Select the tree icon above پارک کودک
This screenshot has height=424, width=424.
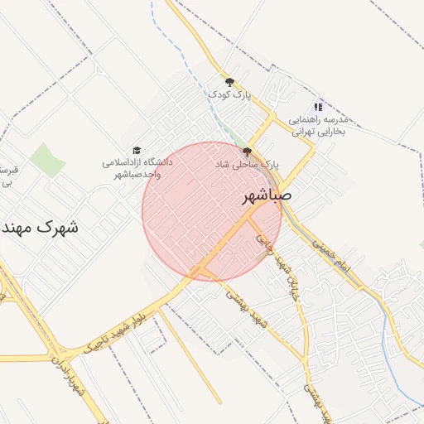229,81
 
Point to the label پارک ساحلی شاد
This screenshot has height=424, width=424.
247,165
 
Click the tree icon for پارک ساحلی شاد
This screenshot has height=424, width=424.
247,151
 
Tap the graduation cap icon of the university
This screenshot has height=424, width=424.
137,149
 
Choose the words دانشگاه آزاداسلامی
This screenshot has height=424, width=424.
137,162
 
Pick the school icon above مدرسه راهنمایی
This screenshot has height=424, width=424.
319,107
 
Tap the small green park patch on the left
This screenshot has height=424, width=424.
48,160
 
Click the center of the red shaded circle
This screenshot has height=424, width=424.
212,211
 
